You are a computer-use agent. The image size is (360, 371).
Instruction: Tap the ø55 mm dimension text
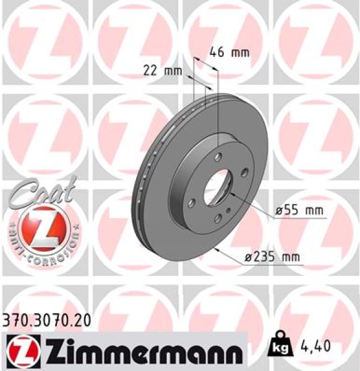tap(299, 211)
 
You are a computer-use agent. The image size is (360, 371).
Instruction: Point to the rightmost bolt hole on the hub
tap(244, 173)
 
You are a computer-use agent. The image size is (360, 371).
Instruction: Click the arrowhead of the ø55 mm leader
tap(229, 194)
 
